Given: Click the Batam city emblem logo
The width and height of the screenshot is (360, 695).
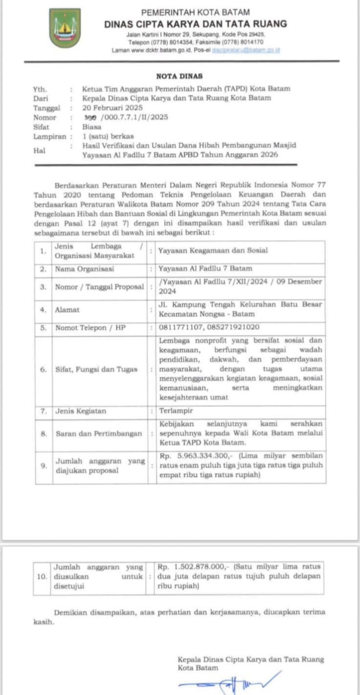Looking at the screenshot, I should (65, 28).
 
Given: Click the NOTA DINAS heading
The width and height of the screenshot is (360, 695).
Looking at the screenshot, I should (179, 76).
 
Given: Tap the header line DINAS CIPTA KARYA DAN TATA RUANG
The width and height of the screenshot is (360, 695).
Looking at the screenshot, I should (196, 23).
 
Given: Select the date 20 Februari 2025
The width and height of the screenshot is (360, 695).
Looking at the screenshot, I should (112, 108).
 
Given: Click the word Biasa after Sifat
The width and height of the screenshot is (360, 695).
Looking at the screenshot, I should (92, 127).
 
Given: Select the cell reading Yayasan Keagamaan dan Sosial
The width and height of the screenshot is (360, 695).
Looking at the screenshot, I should (213, 251).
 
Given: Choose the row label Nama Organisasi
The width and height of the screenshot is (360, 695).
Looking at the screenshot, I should (84, 269).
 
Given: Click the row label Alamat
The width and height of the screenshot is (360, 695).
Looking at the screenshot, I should (67, 310).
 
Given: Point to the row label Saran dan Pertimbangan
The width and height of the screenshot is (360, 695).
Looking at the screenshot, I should (98, 434).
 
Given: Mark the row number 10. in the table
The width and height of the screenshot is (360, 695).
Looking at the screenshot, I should (42, 577).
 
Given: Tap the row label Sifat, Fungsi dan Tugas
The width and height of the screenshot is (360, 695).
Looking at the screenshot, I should (96, 370).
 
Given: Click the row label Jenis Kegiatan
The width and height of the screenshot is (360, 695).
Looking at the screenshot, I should (80, 412).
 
